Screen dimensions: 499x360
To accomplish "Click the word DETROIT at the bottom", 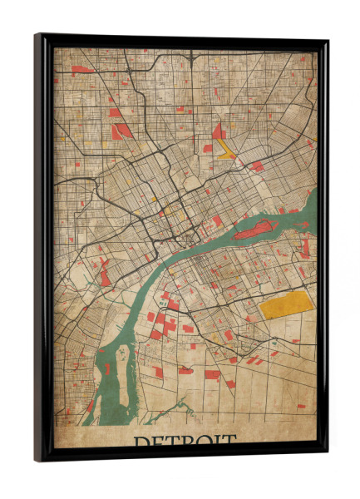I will tap(185, 440).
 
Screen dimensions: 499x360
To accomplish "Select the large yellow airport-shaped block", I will tap(286, 304).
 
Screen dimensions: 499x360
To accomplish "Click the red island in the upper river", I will tap(254, 229).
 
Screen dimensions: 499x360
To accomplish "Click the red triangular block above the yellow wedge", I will tap(218, 131).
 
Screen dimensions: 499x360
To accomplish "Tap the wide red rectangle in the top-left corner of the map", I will tap(82, 70).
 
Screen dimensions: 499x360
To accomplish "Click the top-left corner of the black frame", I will tap(37, 36).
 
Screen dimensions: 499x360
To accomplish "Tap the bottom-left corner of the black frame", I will tap(37, 459).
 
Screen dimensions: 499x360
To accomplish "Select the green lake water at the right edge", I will tap(312, 205).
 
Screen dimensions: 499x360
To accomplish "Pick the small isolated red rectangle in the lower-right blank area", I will tap(301, 406).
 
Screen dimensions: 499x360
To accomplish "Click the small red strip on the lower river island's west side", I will tap(106, 368).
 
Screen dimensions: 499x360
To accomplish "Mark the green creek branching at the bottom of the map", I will tap(179, 410).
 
